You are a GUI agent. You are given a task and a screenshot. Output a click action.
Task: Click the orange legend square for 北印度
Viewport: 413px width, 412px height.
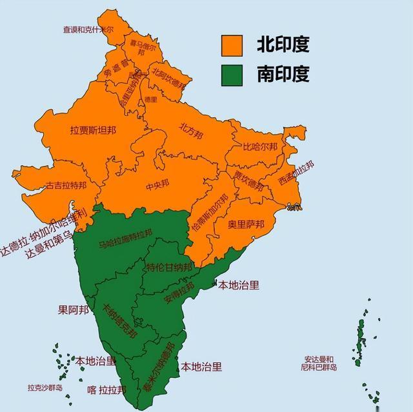(232, 45)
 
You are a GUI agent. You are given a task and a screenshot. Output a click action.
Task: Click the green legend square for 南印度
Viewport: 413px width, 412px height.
(232, 74)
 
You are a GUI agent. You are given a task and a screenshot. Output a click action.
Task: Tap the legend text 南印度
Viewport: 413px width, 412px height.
(283, 74)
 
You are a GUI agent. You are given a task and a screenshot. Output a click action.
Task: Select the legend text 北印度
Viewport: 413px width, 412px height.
(283, 44)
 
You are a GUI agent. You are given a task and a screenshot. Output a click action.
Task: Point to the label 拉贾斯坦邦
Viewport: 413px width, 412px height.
(93, 130)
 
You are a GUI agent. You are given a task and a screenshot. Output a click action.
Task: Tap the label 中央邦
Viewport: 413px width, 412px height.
(157, 186)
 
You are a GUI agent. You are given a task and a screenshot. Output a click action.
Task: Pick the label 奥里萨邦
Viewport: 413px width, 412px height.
(246, 225)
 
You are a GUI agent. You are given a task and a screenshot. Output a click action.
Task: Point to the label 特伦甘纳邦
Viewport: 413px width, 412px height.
(168, 268)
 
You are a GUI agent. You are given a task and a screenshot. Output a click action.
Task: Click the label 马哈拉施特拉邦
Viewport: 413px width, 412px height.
(125, 239)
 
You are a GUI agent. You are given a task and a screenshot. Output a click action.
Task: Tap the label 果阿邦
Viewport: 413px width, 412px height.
(73, 309)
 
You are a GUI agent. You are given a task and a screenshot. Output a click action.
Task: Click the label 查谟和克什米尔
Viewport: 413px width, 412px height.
(87, 30)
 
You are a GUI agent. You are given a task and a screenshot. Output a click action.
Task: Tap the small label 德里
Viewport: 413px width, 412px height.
(152, 100)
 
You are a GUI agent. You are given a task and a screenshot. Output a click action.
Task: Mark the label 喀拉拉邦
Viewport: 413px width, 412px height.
(107, 389)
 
